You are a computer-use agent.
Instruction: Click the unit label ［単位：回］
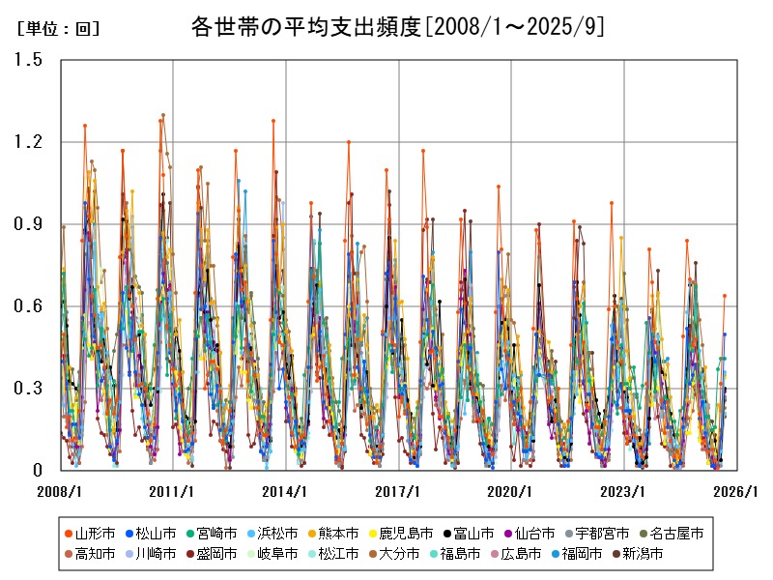(59, 29)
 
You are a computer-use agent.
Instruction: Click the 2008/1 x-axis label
(61, 491)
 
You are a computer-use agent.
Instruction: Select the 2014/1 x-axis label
(286, 491)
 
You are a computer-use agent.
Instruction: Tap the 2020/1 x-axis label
(511, 491)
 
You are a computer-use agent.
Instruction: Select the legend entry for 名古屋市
(676, 533)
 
